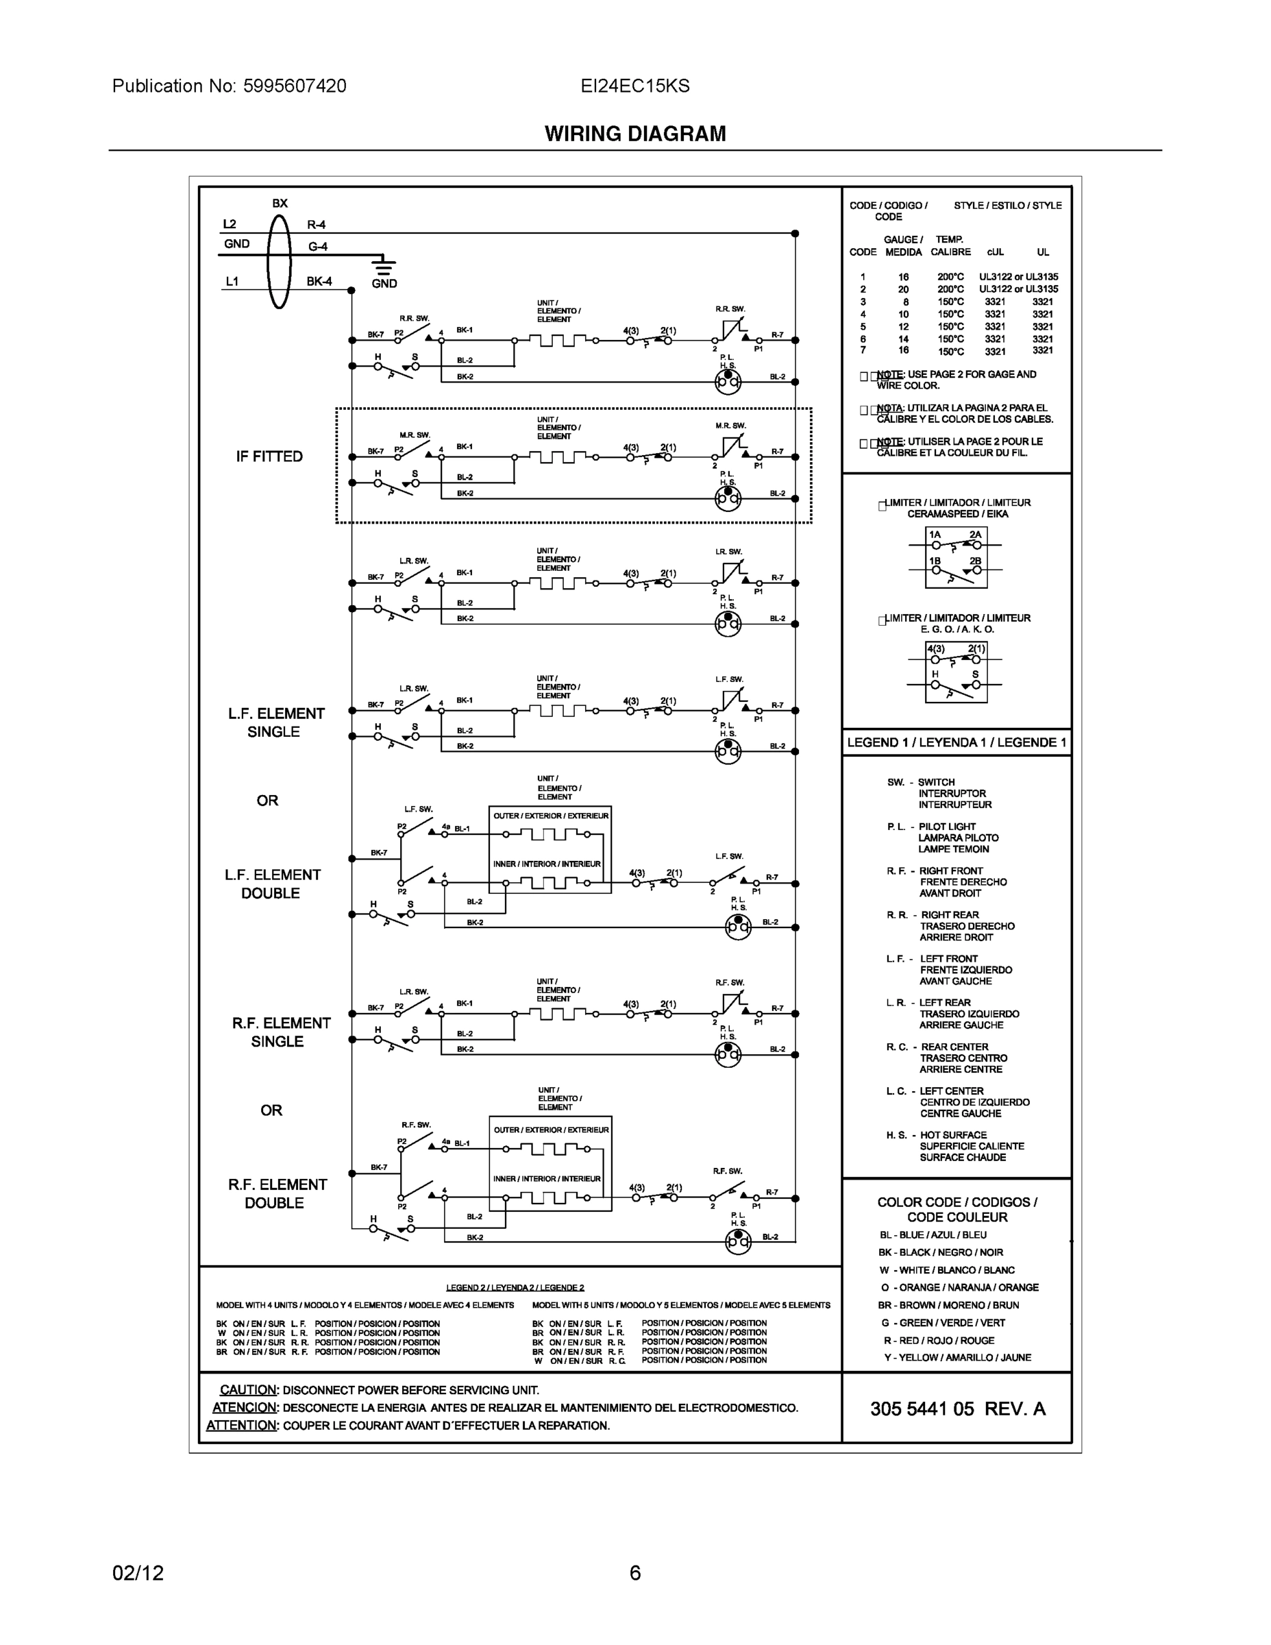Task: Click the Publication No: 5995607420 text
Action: pos(229,86)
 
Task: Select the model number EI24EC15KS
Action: pos(634,86)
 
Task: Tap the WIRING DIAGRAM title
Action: pos(634,134)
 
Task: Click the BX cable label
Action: pos(280,204)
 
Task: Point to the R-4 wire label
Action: pos(317,224)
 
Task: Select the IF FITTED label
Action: pos(269,456)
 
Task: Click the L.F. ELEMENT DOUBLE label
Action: pos(272,884)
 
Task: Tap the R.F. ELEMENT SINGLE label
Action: pos(280,1032)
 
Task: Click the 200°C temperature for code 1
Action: pos(950,277)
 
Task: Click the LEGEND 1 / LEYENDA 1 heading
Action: pos(957,742)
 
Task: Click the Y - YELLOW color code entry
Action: pos(957,1357)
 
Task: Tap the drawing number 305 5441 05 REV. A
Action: pos(957,1409)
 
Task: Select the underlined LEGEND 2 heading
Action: pos(515,1287)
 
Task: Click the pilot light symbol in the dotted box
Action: pos(728,498)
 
